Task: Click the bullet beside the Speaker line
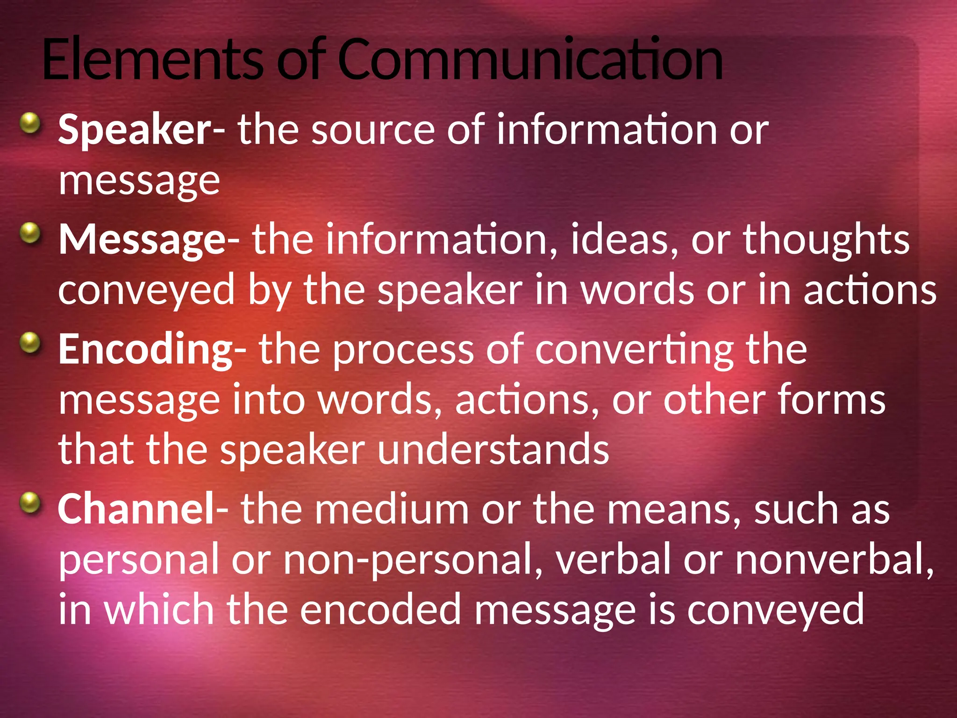pos(31,124)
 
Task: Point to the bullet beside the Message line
pos(31,233)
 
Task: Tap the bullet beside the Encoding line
pos(31,343)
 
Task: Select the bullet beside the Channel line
pos(31,503)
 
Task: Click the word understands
pos(493,449)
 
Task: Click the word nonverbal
pos(835,559)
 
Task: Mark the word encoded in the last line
pos(380,610)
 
